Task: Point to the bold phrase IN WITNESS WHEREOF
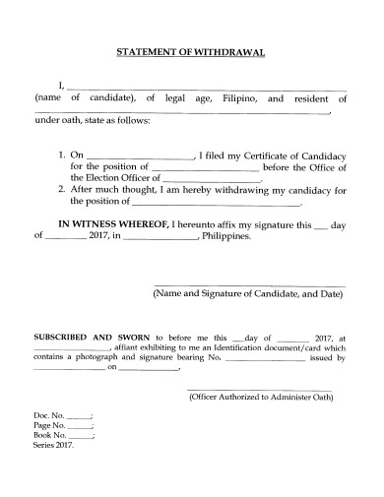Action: [110, 224]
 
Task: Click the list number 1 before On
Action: [61, 155]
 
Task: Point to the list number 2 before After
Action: [61, 190]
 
